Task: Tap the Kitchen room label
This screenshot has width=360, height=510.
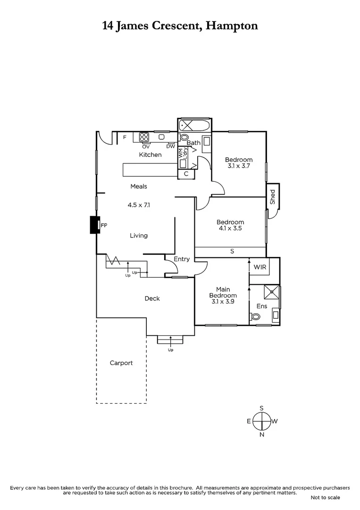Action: pyautogui.click(x=150, y=155)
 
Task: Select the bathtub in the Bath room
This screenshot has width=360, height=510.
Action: pyautogui.click(x=194, y=126)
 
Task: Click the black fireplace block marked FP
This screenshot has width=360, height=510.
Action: pyautogui.click(x=95, y=225)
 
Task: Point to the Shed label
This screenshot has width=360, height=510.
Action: pyautogui.click(x=273, y=196)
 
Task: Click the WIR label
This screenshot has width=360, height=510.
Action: pyautogui.click(x=260, y=267)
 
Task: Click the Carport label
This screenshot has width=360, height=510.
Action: pyautogui.click(x=121, y=363)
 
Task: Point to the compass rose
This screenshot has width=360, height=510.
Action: pyautogui.click(x=261, y=421)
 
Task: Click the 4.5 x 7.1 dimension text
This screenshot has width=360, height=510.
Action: pyautogui.click(x=139, y=205)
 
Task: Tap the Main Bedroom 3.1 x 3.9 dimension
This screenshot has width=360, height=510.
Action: pyautogui.click(x=223, y=301)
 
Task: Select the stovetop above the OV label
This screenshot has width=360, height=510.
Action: pyautogui.click(x=144, y=137)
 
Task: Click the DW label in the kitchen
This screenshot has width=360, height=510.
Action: pyautogui.click(x=170, y=146)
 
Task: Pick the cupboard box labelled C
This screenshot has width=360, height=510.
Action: pyautogui.click(x=186, y=174)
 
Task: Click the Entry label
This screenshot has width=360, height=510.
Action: pyautogui.click(x=182, y=259)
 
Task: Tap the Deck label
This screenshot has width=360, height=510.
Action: pyautogui.click(x=152, y=298)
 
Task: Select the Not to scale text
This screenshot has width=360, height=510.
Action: pyautogui.click(x=325, y=498)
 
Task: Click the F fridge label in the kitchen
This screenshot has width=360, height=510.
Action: pyautogui.click(x=125, y=137)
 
